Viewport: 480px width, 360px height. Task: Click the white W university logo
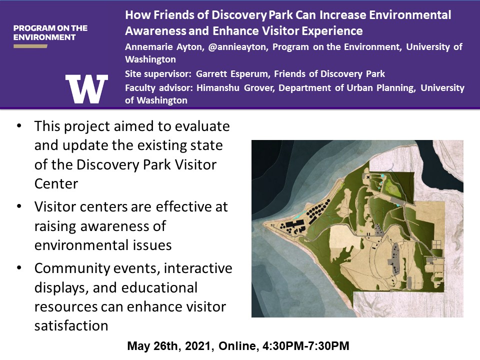86,89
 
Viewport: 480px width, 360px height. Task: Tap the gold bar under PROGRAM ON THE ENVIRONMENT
30,46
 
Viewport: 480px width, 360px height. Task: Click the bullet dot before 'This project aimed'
19,126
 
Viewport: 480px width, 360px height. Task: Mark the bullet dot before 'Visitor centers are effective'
19,206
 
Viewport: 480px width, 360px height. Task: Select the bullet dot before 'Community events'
19,268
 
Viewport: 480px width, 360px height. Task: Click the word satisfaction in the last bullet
71,325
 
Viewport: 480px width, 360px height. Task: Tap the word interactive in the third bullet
198,268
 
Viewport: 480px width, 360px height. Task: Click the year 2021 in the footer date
197,346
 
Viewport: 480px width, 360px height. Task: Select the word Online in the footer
237,346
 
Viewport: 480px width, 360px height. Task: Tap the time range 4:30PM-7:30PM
306,346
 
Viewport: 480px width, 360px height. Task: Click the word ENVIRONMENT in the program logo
44,37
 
